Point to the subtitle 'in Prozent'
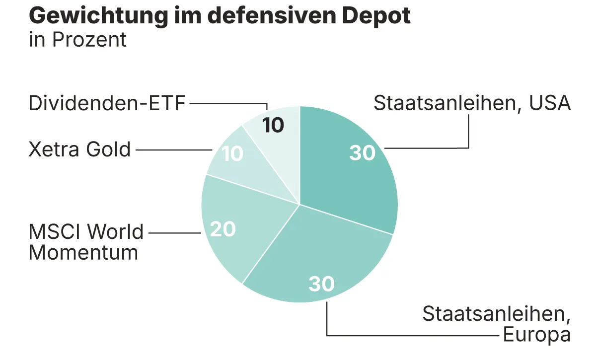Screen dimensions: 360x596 [78, 40]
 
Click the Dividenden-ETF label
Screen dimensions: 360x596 [107, 104]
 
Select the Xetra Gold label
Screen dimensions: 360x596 [79, 149]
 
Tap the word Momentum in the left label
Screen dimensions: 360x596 [83, 253]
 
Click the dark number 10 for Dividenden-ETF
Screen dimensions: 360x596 [273, 125]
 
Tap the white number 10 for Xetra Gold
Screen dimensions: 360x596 [232, 154]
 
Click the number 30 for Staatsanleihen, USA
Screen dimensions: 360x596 [362, 153]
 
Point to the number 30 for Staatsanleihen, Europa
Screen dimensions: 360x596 [322, 284]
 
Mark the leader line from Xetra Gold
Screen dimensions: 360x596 [174, 149]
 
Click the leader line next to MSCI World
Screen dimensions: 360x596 [174, 232]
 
